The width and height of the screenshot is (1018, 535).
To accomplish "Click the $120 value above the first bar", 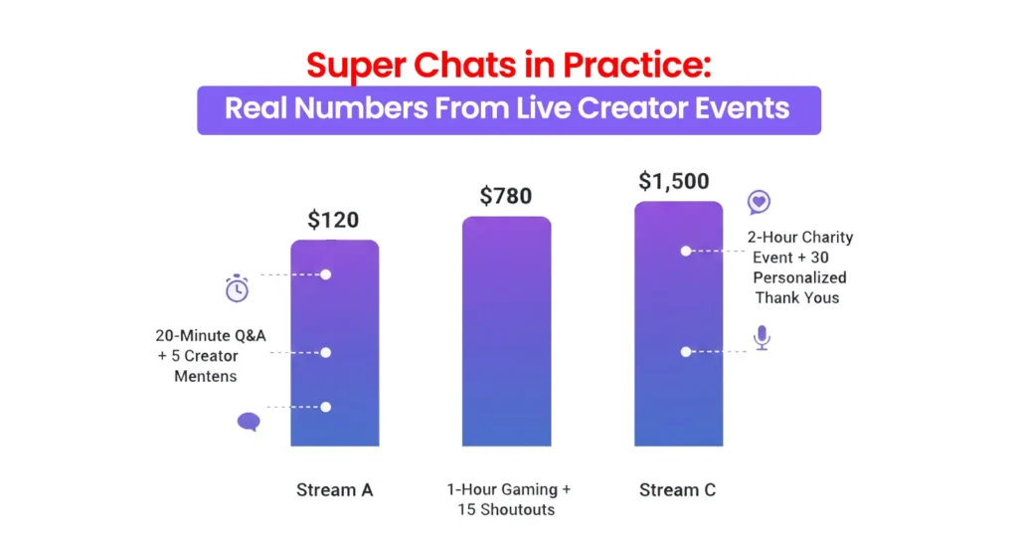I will [333, 221].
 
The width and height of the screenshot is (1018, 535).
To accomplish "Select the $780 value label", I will [506, 197].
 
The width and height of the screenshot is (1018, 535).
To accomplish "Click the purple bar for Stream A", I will [334, 343].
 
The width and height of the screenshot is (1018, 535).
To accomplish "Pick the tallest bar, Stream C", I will [678, 323].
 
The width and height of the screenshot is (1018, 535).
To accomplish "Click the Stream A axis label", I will [333, 490].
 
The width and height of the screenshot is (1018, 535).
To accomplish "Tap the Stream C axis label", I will [677, 490].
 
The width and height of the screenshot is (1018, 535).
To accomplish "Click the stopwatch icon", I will [237, 289].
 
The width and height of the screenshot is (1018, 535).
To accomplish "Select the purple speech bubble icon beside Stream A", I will [249, 422].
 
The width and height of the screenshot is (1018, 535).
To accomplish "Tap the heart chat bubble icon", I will [760, 203].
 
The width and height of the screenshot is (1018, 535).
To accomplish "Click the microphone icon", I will [762, 338].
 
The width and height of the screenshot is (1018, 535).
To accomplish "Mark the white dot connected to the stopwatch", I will [325, 274].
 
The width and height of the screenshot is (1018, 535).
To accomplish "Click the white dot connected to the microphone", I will [685, 352].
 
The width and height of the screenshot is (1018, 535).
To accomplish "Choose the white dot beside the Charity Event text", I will [685, 252].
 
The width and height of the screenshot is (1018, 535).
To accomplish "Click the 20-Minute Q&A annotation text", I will [210, 355].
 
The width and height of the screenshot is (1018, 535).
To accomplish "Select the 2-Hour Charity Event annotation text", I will [799, 267].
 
